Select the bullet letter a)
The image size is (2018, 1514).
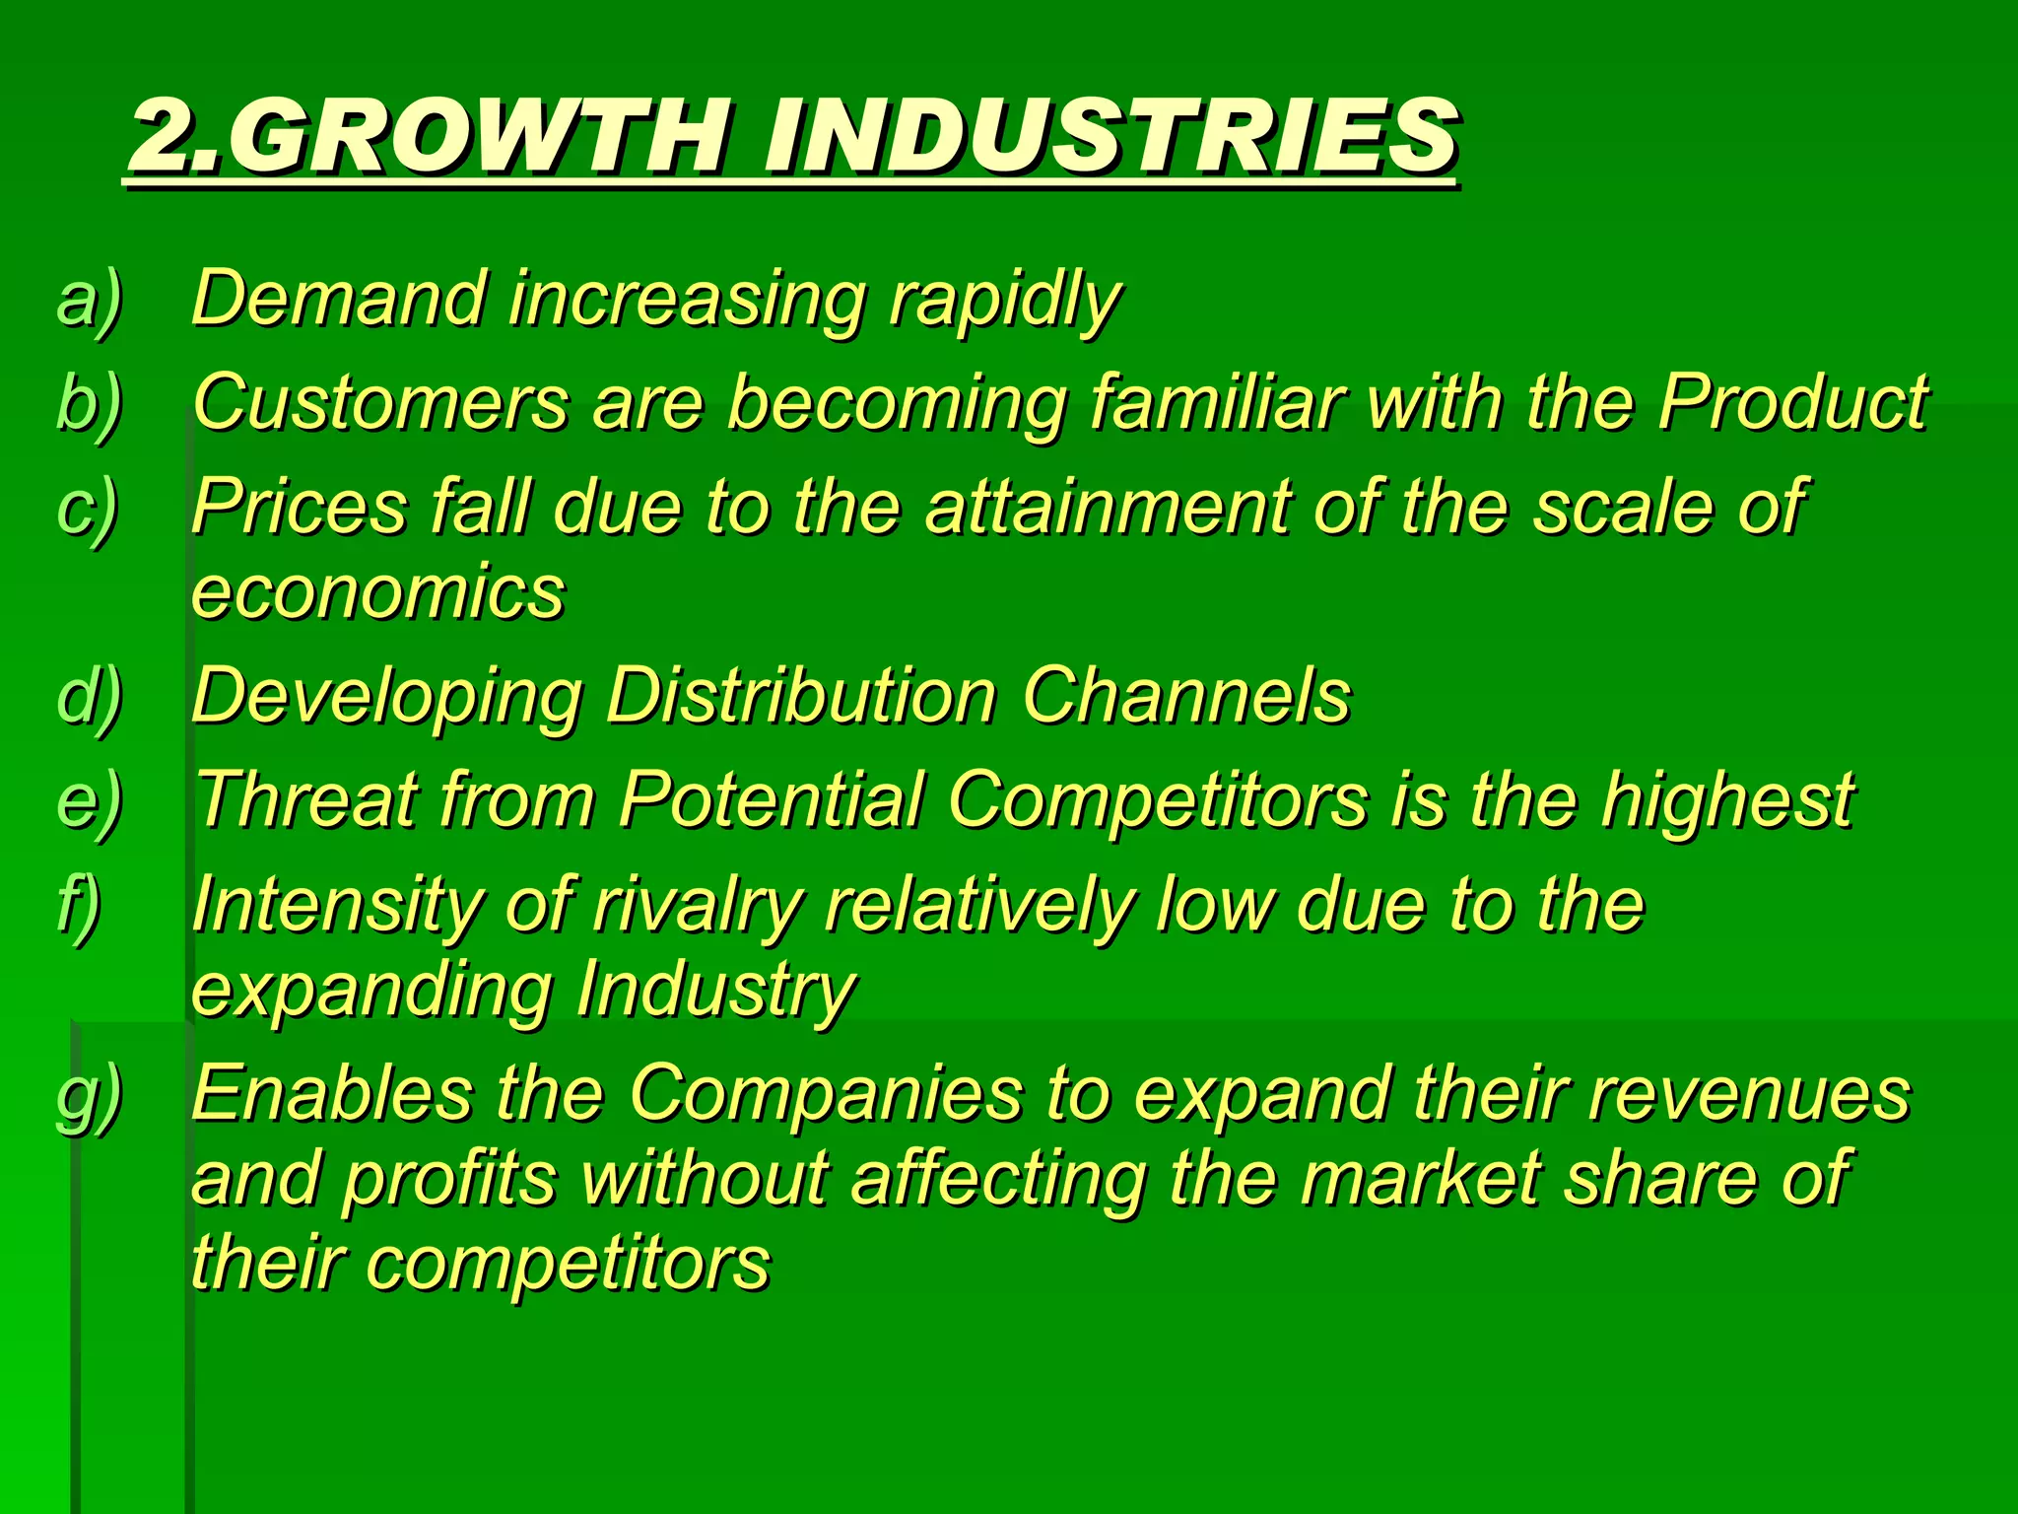89,299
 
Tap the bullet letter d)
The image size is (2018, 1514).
89,696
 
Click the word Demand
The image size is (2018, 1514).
339,298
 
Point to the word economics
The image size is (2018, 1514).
378,593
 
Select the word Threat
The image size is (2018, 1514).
306,799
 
